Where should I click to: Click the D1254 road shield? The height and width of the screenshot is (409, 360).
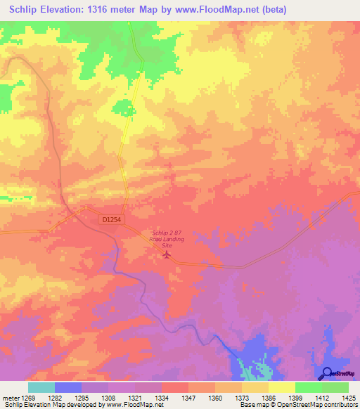(x=111, y=221)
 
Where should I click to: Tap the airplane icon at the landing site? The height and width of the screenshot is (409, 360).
(x=167, y=254)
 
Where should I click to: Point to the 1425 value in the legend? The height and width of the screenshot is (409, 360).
(x=349, y=398)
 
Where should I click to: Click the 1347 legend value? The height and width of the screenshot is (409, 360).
(x=188, y=398)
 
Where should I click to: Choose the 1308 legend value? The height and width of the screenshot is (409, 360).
(x=108, y=398)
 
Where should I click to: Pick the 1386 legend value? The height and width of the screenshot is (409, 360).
(x=269, y=398)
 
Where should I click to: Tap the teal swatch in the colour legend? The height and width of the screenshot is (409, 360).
(x=41, y=387)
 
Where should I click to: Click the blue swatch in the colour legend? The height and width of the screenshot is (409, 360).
(x=68, y=387)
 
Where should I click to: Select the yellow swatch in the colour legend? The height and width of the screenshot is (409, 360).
(x=282, y=387)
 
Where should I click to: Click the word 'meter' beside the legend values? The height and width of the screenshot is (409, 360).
(x=9, y=398)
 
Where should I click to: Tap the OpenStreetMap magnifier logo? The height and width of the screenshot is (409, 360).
(x=327, y=373)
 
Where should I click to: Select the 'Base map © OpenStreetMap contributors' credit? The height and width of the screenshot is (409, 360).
(x=300, y=405)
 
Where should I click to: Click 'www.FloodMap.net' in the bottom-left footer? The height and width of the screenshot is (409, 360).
(x=135, y=405)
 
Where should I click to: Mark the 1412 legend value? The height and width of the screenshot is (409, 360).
(x=322, y=398)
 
